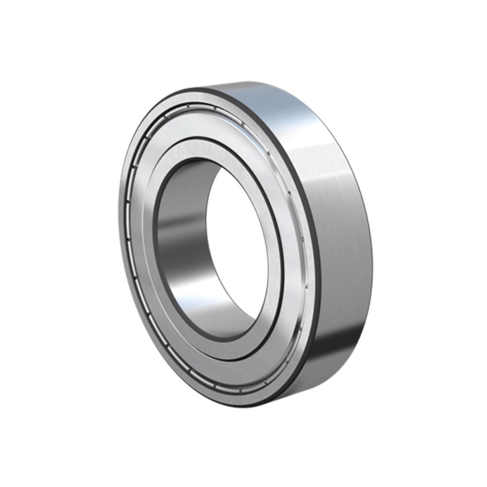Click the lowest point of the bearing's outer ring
coord(243,406)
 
